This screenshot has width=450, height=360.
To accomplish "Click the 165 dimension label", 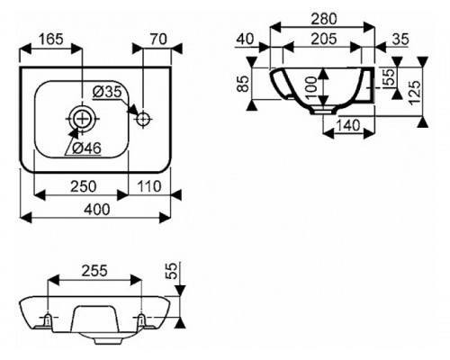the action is click(x=51, y=39).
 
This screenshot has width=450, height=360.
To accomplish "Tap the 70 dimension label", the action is click(x=158, y=39).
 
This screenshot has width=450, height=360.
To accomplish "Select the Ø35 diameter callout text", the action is click(x=106, y=92).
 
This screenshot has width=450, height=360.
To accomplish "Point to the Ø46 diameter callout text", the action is click(x=87, y=148).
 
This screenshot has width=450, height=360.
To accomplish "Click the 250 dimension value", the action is click(x=84, y=186).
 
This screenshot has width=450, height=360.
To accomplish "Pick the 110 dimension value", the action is click(x=149, y=186).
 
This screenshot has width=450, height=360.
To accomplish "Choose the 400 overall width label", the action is click(x=96, y=210).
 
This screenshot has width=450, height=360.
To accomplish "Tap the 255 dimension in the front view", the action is click(x=94, y=271).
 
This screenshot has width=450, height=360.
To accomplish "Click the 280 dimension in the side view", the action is click(x=324, y=19).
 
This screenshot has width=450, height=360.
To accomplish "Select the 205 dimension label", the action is click(x=324, y=39).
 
